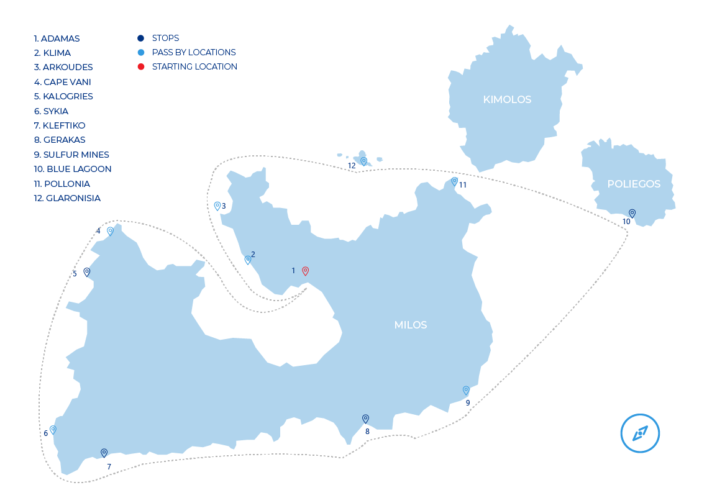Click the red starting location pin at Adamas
click(x=305, y=271)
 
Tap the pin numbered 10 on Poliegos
click(x=632, y=213)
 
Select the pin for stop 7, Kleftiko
click(x=104, y=453)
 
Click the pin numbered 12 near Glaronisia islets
click(x=363, y=161)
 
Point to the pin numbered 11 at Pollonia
click(x=454, y=181)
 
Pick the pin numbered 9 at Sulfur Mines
click(x=466, y=390)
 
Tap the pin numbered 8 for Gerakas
click(x=365, y=419)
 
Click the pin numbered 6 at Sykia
click(x=53, y=429)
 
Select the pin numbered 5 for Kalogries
click(x=87, y=271)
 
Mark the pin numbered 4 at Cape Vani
click(x=110, y=231)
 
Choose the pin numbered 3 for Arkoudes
click(x=217, y=206)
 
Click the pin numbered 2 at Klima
click(x=247, y=260)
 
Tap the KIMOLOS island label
click(x=507, y=99)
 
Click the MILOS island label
click(x=411, y=325)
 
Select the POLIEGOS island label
click(x=634, y=184)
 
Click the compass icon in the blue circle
click(x=640, y=433)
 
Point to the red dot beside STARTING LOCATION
click(x=141, y=66)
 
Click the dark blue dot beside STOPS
click(x=141, y=38)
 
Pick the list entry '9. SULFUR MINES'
click(x=71, y=155)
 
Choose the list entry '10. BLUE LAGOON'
click(x=73, y=169)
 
